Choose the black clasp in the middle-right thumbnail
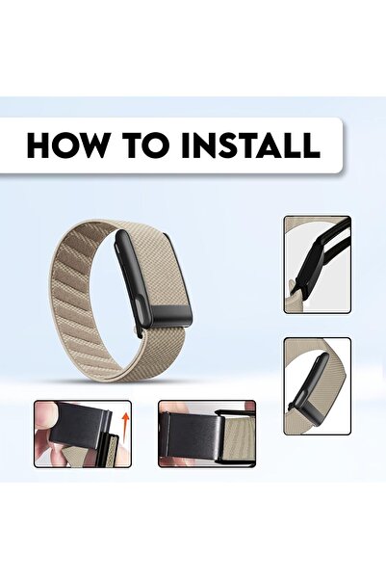coord(310,379)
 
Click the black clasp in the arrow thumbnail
coord(77,424)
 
